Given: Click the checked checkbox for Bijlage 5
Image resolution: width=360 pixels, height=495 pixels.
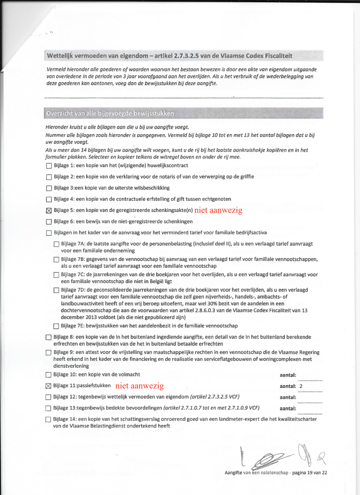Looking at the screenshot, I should [x=49, y=210].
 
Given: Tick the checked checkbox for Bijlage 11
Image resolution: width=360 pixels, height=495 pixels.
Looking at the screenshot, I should [x=49, y=386].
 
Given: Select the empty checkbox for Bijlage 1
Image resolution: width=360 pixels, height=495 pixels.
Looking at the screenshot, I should [x=49, y=165].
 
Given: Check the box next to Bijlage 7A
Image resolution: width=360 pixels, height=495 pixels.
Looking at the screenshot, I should [x=56, y=244].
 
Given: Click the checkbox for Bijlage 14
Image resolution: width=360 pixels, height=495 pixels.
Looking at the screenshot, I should [x=49, y=419].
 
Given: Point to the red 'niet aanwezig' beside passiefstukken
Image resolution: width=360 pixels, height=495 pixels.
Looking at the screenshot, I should [x=139, y=386].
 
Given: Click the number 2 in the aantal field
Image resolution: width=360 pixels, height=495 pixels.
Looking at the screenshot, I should [x=301, y=386].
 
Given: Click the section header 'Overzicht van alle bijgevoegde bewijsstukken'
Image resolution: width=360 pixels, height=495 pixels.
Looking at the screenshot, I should [x=109, y=113].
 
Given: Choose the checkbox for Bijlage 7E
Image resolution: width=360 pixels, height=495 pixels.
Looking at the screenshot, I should [x=56, y=326].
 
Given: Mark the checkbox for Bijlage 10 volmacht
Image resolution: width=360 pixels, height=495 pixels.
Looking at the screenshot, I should [x=49, y=374].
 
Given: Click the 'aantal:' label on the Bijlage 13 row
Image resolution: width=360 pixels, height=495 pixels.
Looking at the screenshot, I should [x=288, y=409].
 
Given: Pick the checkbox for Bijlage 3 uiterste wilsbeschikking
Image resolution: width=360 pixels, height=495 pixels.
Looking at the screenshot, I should [x=49, y=188].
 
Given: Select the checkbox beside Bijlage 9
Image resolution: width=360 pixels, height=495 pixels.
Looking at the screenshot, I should [x=49, y=352].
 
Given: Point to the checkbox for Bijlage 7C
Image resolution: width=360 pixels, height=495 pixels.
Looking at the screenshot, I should [x=56, y=274].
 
